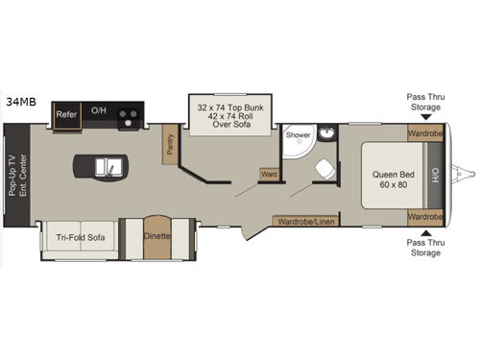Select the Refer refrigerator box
pos(66,113)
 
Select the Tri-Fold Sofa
pos(80,237)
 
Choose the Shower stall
pos(298,142)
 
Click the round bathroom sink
pos(326,133)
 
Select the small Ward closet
pos(270,176)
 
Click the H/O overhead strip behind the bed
pos(436,176)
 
